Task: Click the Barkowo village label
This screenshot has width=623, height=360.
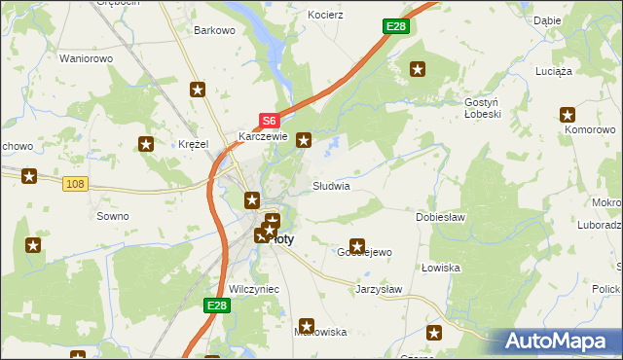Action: [215, 30]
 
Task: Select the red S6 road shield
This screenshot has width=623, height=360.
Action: [270, 121]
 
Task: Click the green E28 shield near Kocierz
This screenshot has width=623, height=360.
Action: [395, 26]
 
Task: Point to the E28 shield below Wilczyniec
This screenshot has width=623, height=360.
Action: [217, 306]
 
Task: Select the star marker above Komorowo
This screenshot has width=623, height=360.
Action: [571, 115]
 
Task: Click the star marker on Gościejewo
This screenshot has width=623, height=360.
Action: [357, 246]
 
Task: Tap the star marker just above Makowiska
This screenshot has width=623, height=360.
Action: [308, 326]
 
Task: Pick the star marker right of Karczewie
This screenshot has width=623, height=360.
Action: [305, 140]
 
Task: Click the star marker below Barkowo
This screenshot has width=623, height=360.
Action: [198, 90]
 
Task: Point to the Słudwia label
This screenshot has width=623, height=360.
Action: [330, 185]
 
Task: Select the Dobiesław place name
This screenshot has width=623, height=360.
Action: [444, 217]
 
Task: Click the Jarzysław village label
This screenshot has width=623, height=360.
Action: [379, 289]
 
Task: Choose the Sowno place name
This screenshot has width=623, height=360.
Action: [112, 216]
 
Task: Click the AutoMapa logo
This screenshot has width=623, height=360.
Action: [557, 342]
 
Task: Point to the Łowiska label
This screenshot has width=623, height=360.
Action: [441, 267]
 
